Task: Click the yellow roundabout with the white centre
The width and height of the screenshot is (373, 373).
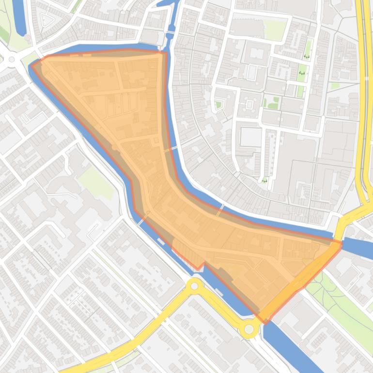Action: coord(195,286)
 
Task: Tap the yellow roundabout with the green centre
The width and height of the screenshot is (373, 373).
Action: coord(249,329)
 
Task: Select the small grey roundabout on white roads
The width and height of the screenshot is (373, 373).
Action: coord(12,60)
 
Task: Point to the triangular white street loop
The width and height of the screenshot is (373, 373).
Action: coord(47,20)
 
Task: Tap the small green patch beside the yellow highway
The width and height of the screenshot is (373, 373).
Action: coord(334,86)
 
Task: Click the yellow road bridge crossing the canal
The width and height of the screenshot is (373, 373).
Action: coord(339,228)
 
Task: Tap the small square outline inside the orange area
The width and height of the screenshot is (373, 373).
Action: coord(156,140)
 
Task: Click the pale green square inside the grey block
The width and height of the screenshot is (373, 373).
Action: coord(275,30)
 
